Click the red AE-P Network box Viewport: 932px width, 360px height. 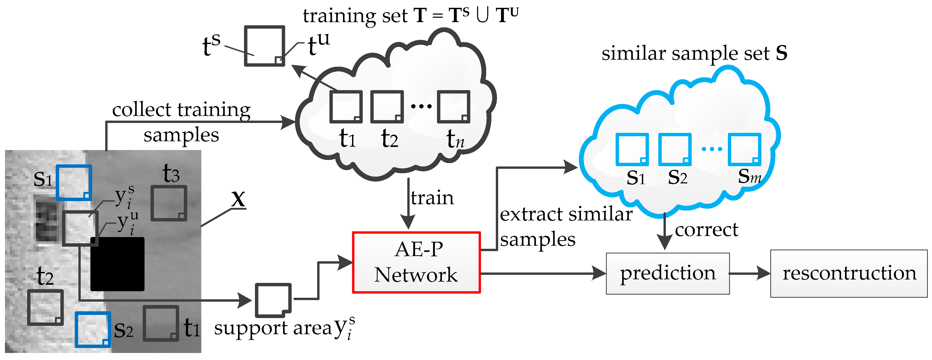pyautogui.click(x=416, y=262)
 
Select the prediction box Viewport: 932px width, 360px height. pyautogui.click(x=667, y=274)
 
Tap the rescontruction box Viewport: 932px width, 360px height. pyautogui.click(x=849, y=274)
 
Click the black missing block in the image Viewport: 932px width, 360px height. pyautogui.click(x=117, y=264)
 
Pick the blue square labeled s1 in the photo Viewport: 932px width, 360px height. pyautogui.click(x=74, y=182)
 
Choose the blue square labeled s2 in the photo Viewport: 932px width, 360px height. pyautogui.click(x=93, y=329)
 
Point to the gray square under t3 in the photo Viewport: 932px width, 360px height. pyautogui.click(x=168, y=203)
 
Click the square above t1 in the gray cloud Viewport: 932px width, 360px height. pyautogui.click(x=346, y=107)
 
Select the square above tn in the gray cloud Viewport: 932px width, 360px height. pyautogui.click(x=453, y=107)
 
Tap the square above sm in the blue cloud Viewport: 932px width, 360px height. pyautogui.click(x=744, y=149)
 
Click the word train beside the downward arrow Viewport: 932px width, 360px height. pyautogui.click(x=432, y=198)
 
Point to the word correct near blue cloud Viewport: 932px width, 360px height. pyautogui.click(x=706, y=230)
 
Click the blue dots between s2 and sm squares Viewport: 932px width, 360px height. pyautogui.click(x=712, y=149)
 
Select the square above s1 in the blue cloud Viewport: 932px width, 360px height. pyautogui.click(x=632, y=149)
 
